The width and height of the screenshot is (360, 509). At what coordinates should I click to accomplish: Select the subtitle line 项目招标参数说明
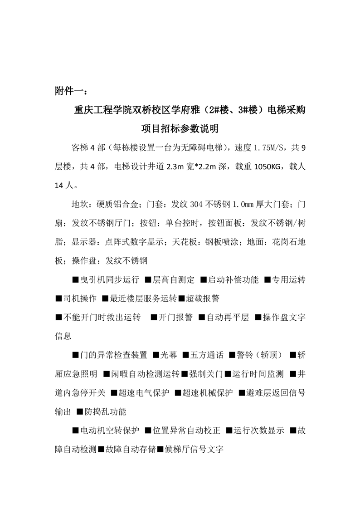(180, 129)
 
